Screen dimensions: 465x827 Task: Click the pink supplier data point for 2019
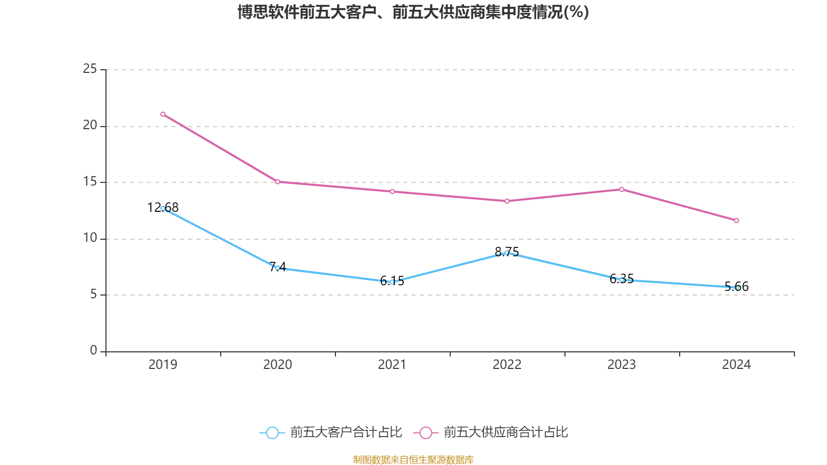pos(163,114)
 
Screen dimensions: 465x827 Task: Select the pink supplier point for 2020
pos(278,182)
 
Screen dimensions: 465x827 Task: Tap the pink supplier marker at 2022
pos(507,201)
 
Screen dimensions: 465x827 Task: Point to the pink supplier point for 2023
pos(622,189)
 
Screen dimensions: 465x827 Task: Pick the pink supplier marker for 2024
pos(737,221)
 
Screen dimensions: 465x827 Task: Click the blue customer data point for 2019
pos(163,209)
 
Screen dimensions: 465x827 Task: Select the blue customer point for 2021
pos(392,282)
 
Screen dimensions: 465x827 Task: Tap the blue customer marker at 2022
pos(507,253)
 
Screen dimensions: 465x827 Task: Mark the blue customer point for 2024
pos(737,288)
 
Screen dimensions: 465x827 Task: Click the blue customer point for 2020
pos(278,268)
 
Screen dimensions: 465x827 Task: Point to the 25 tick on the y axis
pos(90,69)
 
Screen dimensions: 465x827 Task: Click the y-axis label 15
pos(90,182)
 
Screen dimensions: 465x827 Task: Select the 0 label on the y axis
pos(94,351)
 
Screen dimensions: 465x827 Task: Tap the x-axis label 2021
pos(392,365)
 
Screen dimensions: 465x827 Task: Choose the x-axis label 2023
pos(622,365)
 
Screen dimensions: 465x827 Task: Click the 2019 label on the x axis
pos(163,365)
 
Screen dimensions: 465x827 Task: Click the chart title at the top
pos(413,12)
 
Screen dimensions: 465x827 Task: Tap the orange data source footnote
pos(413,459)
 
